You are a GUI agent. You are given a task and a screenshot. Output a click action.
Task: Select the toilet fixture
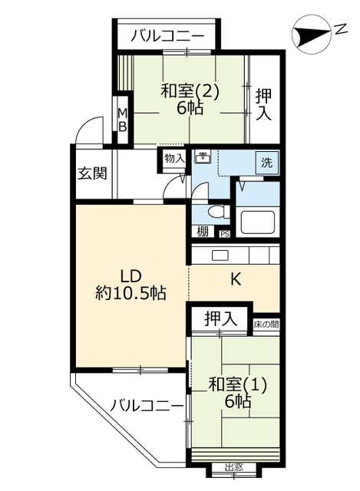point(218,212)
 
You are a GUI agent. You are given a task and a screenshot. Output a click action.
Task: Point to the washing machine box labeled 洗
point(266,163)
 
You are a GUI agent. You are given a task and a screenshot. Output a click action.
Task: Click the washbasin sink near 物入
point(203,156)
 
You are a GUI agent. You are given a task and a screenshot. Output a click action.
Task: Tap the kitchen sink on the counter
point(220,255)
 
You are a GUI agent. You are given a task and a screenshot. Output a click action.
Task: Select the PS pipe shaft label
point(225,233)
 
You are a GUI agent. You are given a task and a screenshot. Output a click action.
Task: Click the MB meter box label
point(123,120)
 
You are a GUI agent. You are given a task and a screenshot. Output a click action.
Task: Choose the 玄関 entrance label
point(92,173)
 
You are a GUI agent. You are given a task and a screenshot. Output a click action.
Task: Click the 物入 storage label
point(175,158)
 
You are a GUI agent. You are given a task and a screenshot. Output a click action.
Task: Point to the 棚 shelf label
point(203,232)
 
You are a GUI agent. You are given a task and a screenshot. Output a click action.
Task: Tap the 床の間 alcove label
point(266,324)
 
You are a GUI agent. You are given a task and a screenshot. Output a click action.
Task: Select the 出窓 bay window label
point(234,476)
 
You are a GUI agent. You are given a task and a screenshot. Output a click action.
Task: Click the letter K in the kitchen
point(236,279)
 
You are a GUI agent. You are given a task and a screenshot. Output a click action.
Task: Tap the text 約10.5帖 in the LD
point(130,293)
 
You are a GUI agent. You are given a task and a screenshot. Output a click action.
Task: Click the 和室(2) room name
point(190,92)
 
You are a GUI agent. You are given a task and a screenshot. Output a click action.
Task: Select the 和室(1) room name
point(237,384)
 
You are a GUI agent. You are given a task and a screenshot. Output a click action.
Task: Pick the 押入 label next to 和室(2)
point(263,104)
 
